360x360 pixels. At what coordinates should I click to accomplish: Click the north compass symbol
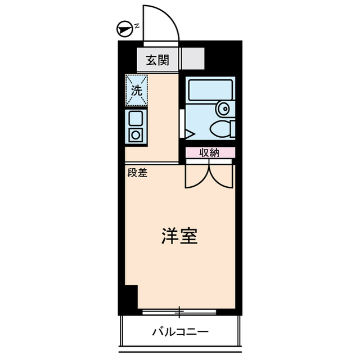point(124,26)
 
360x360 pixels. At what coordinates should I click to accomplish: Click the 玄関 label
point(158,60)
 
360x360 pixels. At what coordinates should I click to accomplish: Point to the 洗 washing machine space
point(137,89)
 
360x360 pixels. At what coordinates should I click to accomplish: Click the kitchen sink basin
point(136,119)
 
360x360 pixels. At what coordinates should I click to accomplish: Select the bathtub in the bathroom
point(209,89)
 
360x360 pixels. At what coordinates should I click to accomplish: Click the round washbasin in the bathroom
point(223,108)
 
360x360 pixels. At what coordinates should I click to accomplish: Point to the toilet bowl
point(220,129)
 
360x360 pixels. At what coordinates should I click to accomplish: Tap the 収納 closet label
point(209,152)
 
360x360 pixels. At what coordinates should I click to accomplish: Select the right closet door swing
point(222,174)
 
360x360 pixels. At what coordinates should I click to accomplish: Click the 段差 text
point(137,173)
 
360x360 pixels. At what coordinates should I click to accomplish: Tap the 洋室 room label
point(179,236)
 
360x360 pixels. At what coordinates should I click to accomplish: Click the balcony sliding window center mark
point(179,310)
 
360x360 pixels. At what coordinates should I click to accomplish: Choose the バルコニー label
point(180,332)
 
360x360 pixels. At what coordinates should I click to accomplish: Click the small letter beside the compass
point(137,24)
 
